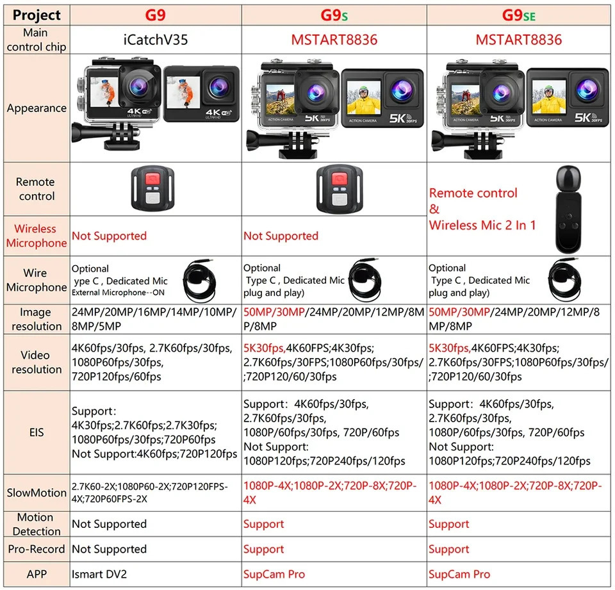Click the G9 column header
156,15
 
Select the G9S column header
334,15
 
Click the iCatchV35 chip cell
156,40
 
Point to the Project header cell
37,15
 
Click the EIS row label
37,432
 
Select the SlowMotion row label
37,493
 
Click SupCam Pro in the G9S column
274,574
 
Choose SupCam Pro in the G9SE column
459,574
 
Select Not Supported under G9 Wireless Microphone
109,236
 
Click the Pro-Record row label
37,549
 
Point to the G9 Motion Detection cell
109,524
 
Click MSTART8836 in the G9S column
334,40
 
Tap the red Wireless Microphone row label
37,236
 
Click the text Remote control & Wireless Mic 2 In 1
482,209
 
